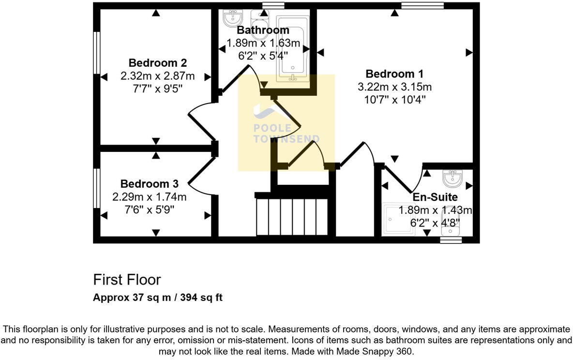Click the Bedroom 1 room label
click(x=394, y=74)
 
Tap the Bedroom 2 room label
click(x=158, y=63)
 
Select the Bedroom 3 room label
click(x=149, y=184)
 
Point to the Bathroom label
click(x=263, y=30)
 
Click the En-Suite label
click(x=435, y=197)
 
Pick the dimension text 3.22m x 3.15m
click(x=394, y=87)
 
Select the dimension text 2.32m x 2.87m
click(x=158, y=76)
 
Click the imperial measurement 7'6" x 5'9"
click(x=149, y=210)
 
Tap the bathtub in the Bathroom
click(x=292, y=48)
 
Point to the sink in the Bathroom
click(x=233, y=18)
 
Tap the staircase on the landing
click(x=292, y=215)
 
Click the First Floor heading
click(x=127, y=280)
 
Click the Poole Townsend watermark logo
click(x=286, y=123)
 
